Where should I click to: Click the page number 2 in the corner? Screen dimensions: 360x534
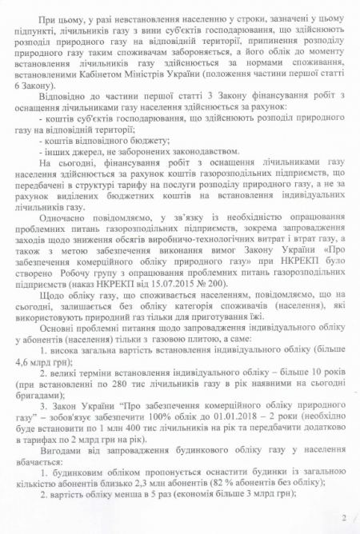click(344, 518)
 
